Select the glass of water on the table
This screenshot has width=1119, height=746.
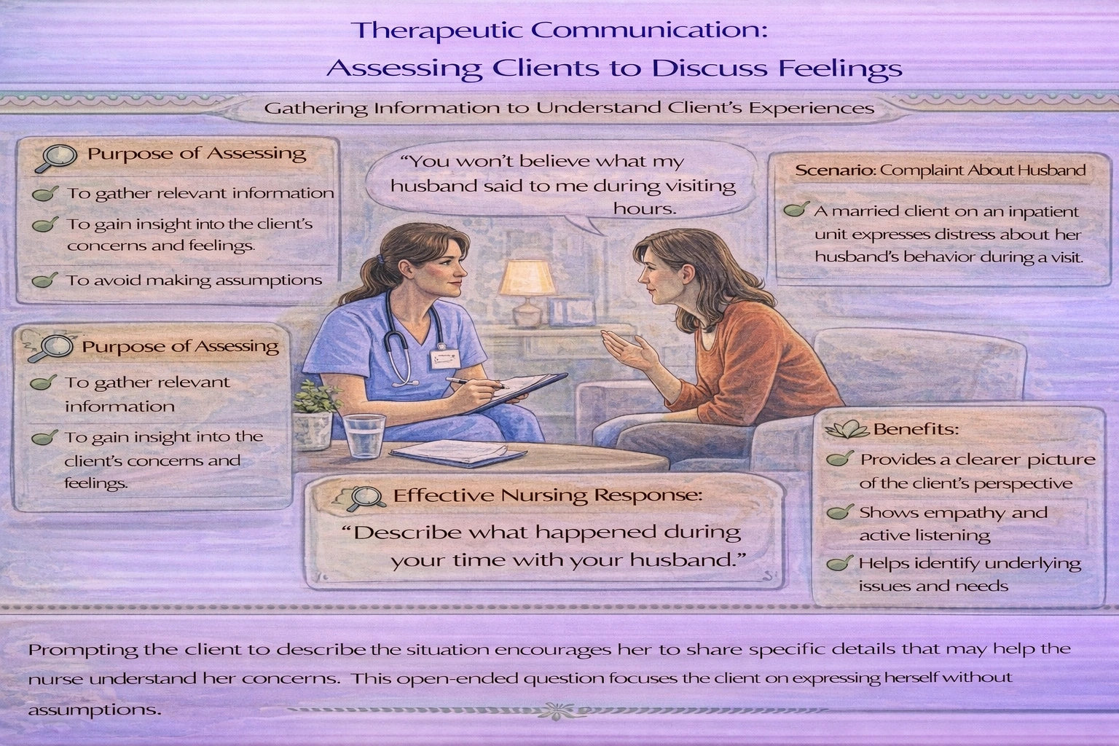pyautogui.click(x=364, y=436)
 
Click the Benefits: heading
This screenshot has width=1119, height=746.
pyautogui.click(x=915, y=428)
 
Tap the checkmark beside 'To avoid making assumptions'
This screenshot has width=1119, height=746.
pyautogui.click(x=45, y=280)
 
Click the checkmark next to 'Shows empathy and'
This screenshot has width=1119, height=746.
pyautogui.click(x=840, y=512)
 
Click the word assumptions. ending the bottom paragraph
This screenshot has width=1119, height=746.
pyautogui.click(x=94, y=708)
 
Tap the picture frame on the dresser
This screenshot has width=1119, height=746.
pyautogui.click(x=570, y=311)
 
